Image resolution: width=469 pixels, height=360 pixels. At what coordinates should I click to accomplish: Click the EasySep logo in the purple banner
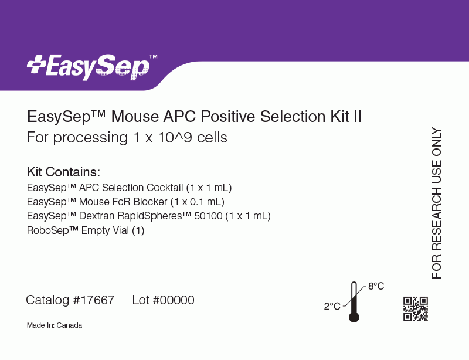tap(92, 67)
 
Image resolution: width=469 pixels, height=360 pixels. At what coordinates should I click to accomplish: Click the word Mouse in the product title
tap(135, 117)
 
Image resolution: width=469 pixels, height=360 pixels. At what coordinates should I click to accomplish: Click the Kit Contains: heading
tap(63, 172)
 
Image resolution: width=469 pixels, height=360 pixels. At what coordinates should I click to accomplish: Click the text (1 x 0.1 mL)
tap(198, 202)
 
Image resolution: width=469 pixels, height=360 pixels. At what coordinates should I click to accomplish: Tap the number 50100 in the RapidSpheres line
tap(208, 216)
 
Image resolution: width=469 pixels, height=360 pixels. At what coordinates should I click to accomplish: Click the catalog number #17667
tap(94, 300)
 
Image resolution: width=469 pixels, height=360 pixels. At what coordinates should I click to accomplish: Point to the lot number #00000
tap(174, 300)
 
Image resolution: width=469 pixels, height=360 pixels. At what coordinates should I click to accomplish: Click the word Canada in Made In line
tap(69, 325)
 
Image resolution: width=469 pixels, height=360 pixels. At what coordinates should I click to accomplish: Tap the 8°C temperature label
tap(376, 286)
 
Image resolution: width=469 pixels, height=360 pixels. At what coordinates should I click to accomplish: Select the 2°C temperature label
tap(332, 306)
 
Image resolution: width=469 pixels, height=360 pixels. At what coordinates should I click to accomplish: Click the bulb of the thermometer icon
tap(354, 317)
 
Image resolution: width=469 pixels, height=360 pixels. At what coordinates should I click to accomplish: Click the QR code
tap(416, 309)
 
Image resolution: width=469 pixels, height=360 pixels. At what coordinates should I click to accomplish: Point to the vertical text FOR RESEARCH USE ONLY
tap(437, 203)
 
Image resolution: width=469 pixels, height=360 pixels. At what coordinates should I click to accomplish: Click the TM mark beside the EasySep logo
tap(153, 56)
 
